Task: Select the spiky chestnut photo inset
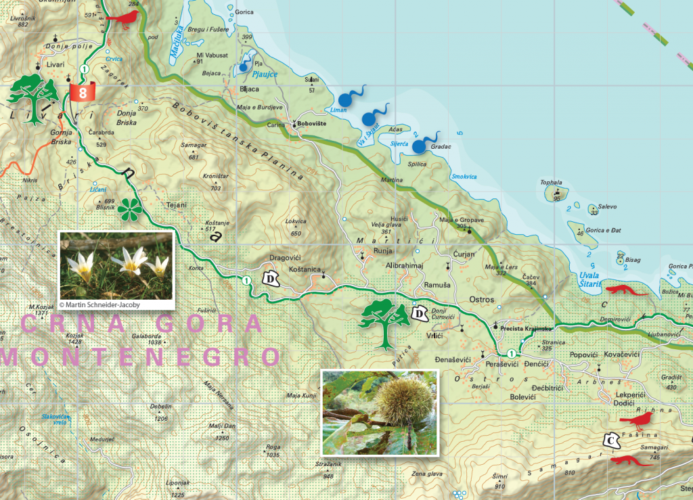point(380,412)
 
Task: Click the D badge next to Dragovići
point(272,279)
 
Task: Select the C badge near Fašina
point(611,441)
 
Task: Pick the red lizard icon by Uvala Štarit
point(627,291)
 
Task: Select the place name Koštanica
point(304,269)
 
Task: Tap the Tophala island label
point(552,183)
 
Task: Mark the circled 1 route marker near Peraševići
point(511,353)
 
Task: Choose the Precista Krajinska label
point(527,328)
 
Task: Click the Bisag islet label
point(633,260)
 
